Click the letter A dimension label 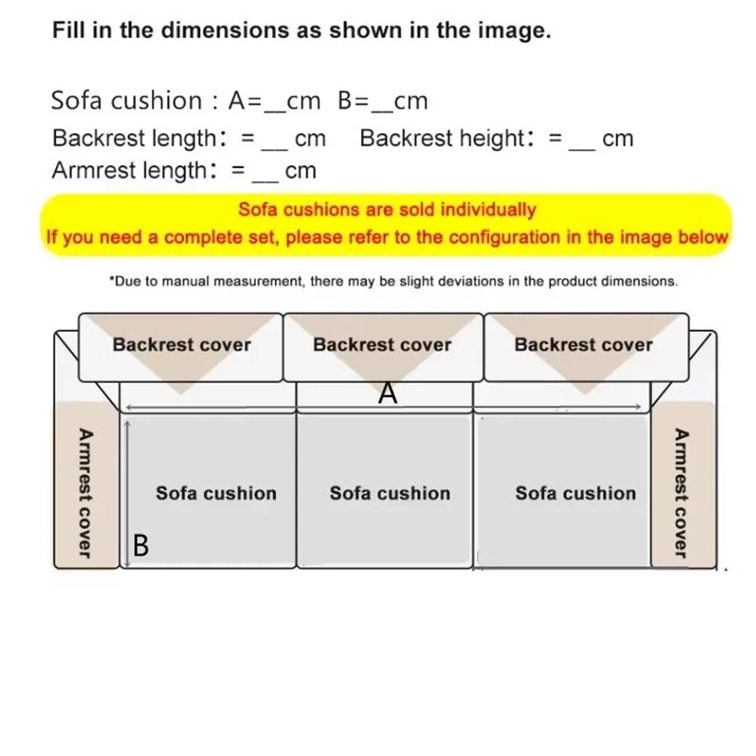(387, 393)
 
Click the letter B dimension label (141, 545)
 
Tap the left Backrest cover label (181, 344)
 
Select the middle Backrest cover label (383, 344)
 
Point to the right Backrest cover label (583, 344)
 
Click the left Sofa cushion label (216, 493)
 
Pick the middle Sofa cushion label (390, 493)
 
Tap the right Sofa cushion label (576, 493)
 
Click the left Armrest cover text (86, 492)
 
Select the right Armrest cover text (679, 492)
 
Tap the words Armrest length (129, 171)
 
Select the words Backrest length (134, 139)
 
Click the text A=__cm (274, 101)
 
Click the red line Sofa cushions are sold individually (387, 210)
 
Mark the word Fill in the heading (69, 30)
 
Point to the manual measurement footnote (393, 281)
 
